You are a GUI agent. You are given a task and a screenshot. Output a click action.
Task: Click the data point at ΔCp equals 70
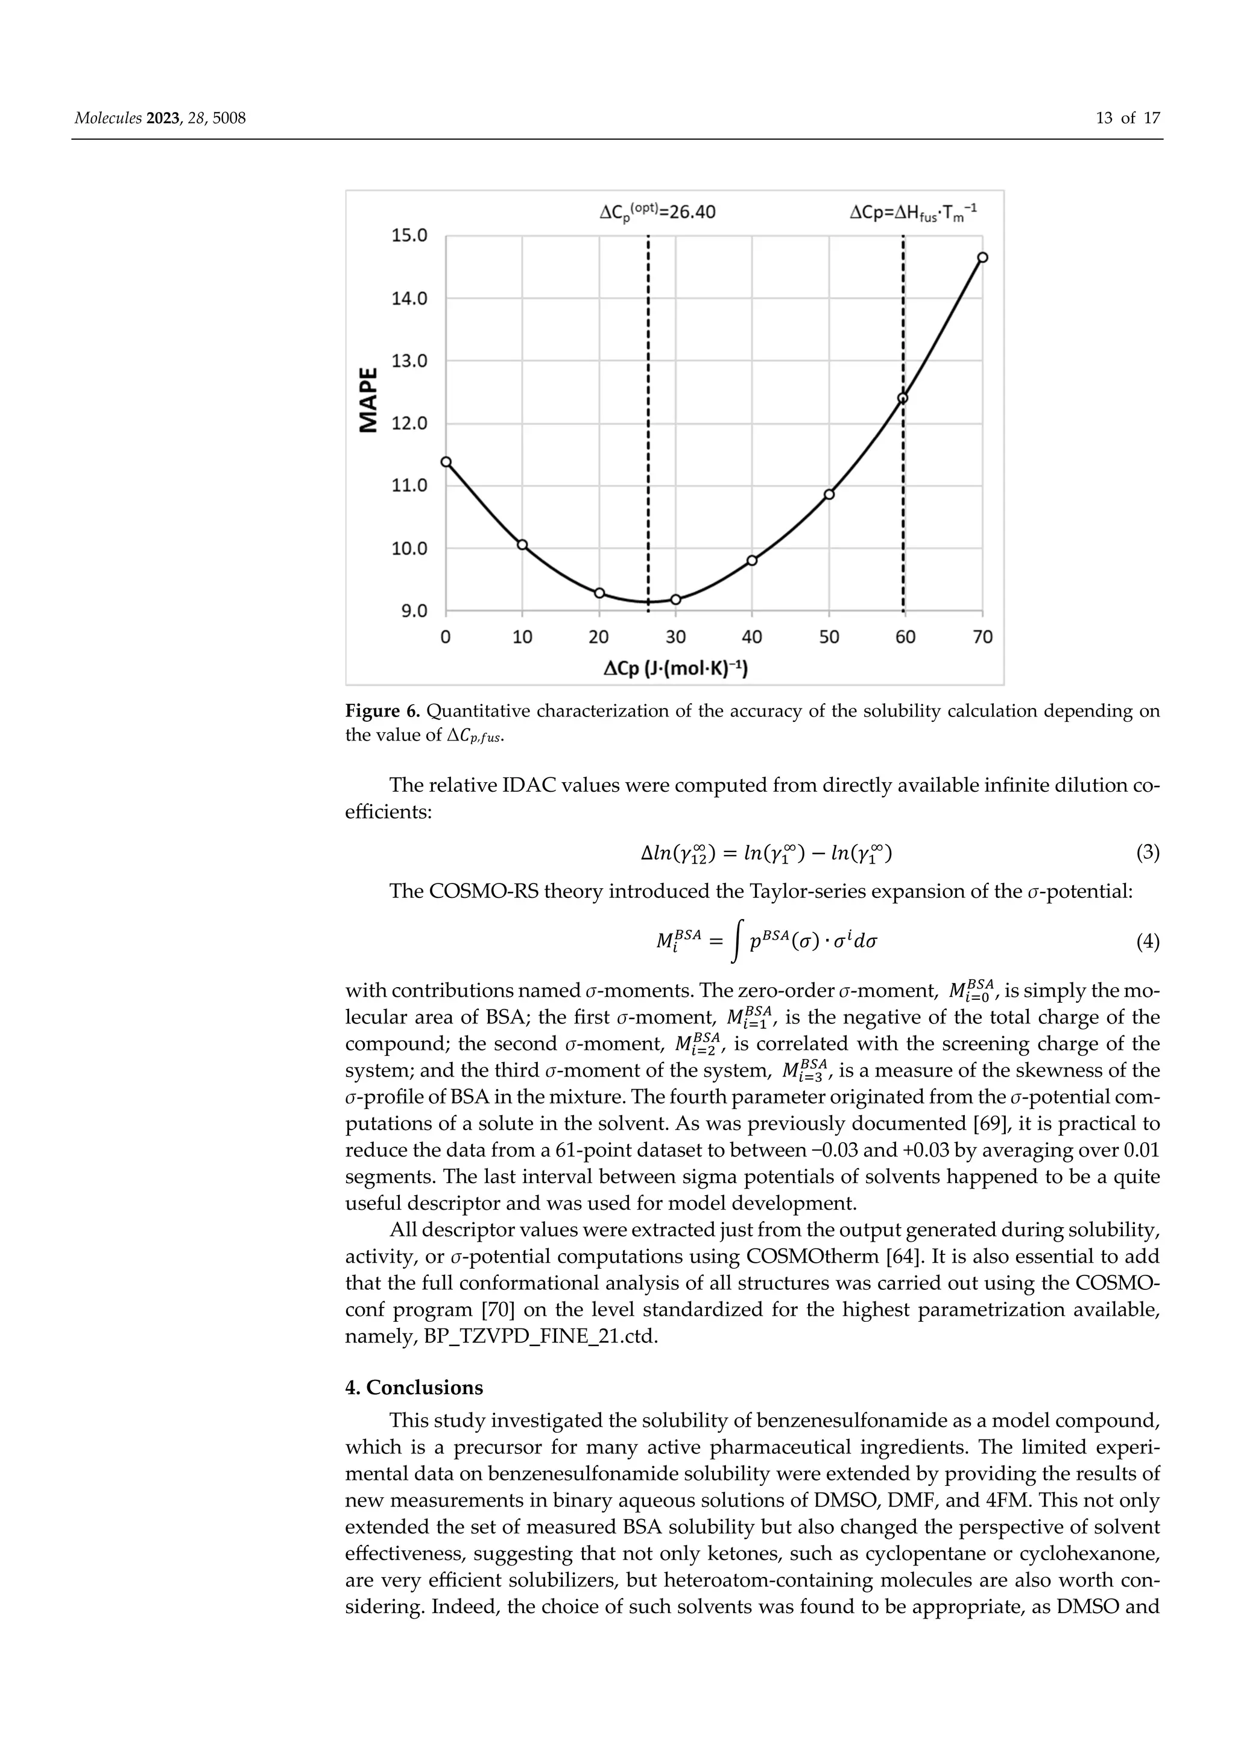(x=982, y=257)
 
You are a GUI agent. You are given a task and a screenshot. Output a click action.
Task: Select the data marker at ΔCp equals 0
(x=447, y=462)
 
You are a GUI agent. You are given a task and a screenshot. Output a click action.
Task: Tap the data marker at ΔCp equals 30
(x=676, y=599)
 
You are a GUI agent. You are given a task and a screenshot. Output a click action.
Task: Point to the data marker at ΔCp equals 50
(x=829, y=494)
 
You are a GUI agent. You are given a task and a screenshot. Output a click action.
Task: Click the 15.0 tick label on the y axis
(x=409, y=236)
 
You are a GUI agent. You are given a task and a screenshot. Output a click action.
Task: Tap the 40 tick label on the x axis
(x=752, y=637)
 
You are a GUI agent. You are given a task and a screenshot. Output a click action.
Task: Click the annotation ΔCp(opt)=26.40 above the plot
(x=657, y=213)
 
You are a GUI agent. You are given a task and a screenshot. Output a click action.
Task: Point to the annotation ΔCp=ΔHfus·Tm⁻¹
(x=913, y=213)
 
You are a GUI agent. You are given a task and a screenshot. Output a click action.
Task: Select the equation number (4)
(x=1148, y=943)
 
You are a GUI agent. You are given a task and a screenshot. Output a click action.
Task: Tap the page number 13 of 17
(x=1128, y=118)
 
